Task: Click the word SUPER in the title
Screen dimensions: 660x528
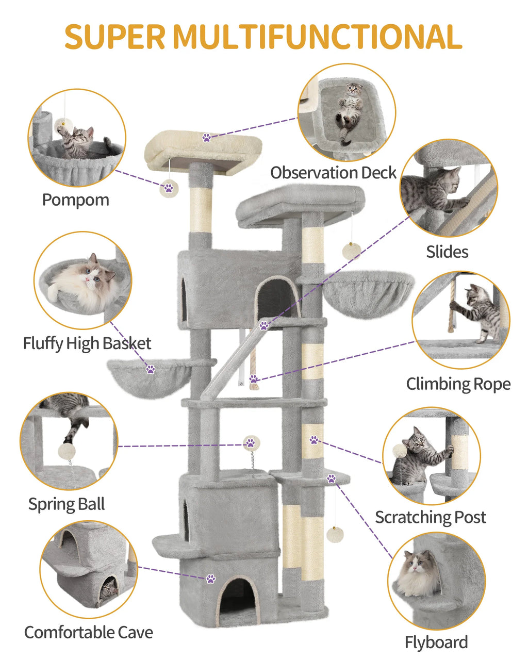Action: coord(114,37)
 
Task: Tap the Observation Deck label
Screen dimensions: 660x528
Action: coord(333,172)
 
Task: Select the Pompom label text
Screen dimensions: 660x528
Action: coord(75,200)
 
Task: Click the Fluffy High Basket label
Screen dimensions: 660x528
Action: coord(87,343)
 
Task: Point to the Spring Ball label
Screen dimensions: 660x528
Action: coord(67,504)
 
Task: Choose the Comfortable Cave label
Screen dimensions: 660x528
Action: coord(89,632)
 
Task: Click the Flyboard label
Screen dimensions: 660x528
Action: coord(436,642)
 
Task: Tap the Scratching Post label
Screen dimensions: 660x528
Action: coord(430,517)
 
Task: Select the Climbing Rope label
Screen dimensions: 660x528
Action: coord(458,384)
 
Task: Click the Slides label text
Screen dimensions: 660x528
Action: coord(447,252)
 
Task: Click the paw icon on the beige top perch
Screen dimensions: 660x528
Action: coord(207,138)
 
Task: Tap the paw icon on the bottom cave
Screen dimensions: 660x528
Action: coord(210,579)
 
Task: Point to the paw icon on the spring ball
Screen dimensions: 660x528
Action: coord(251,442)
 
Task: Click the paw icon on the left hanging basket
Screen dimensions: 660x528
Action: coord(150,369)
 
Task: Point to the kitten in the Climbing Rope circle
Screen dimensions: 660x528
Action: coord(478,311)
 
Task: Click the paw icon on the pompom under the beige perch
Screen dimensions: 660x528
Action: coord(169,189)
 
